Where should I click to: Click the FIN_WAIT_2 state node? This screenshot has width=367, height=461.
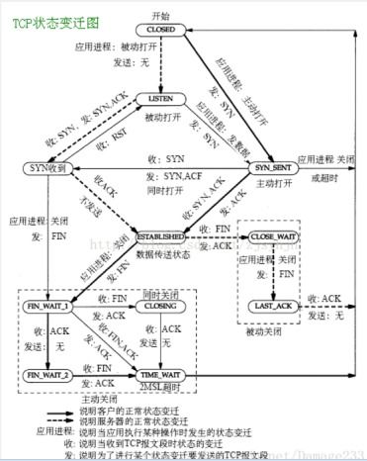46,375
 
